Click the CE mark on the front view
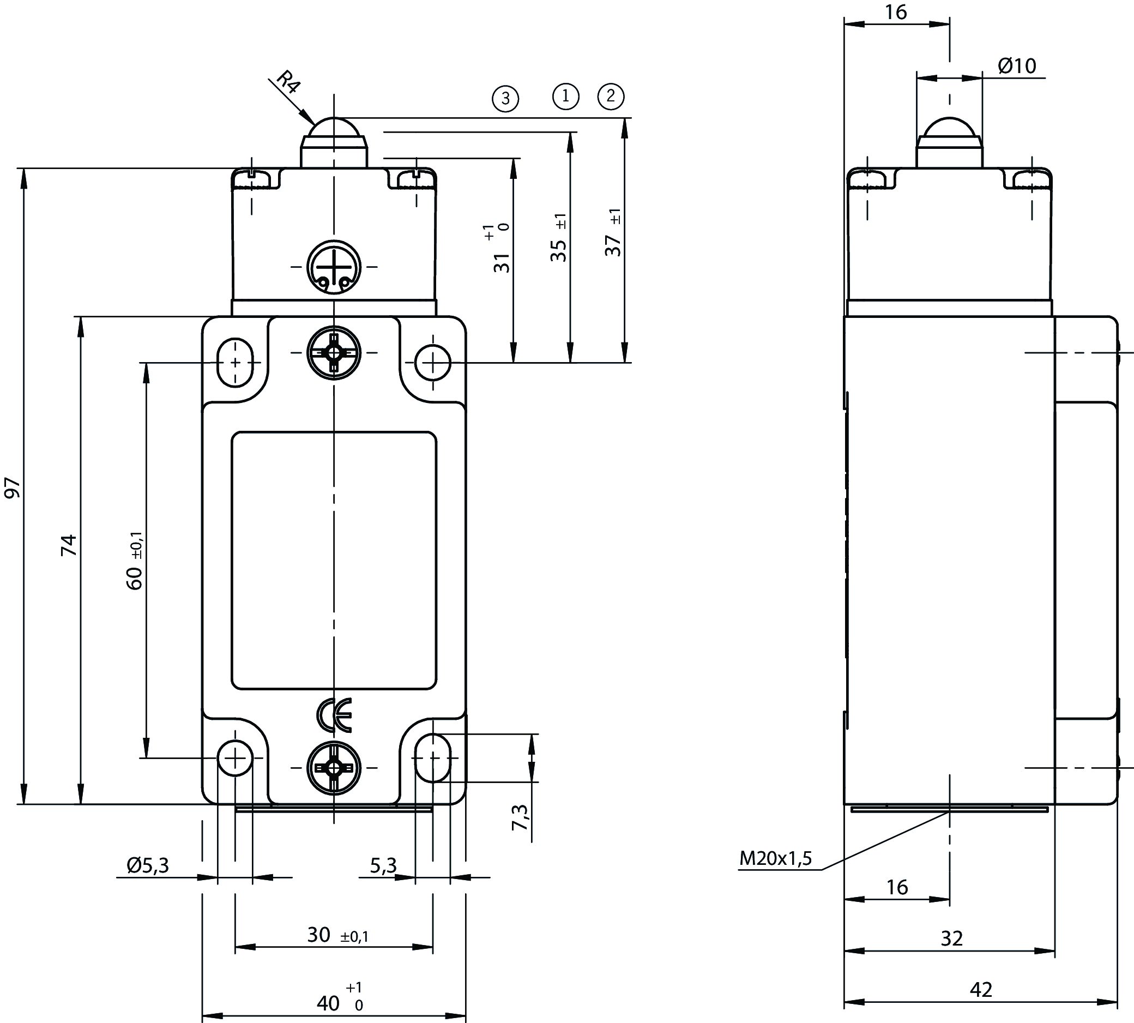point(334,715)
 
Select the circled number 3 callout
point(505,98)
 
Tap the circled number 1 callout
point(565,96)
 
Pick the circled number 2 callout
point(611,96)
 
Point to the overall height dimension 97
point(13,488)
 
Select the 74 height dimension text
point(69,545)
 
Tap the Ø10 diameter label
point(1017,66)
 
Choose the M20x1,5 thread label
point(775,858)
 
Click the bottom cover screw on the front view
point(334,767)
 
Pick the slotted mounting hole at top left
point(235,363)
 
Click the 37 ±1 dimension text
point(614,233)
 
